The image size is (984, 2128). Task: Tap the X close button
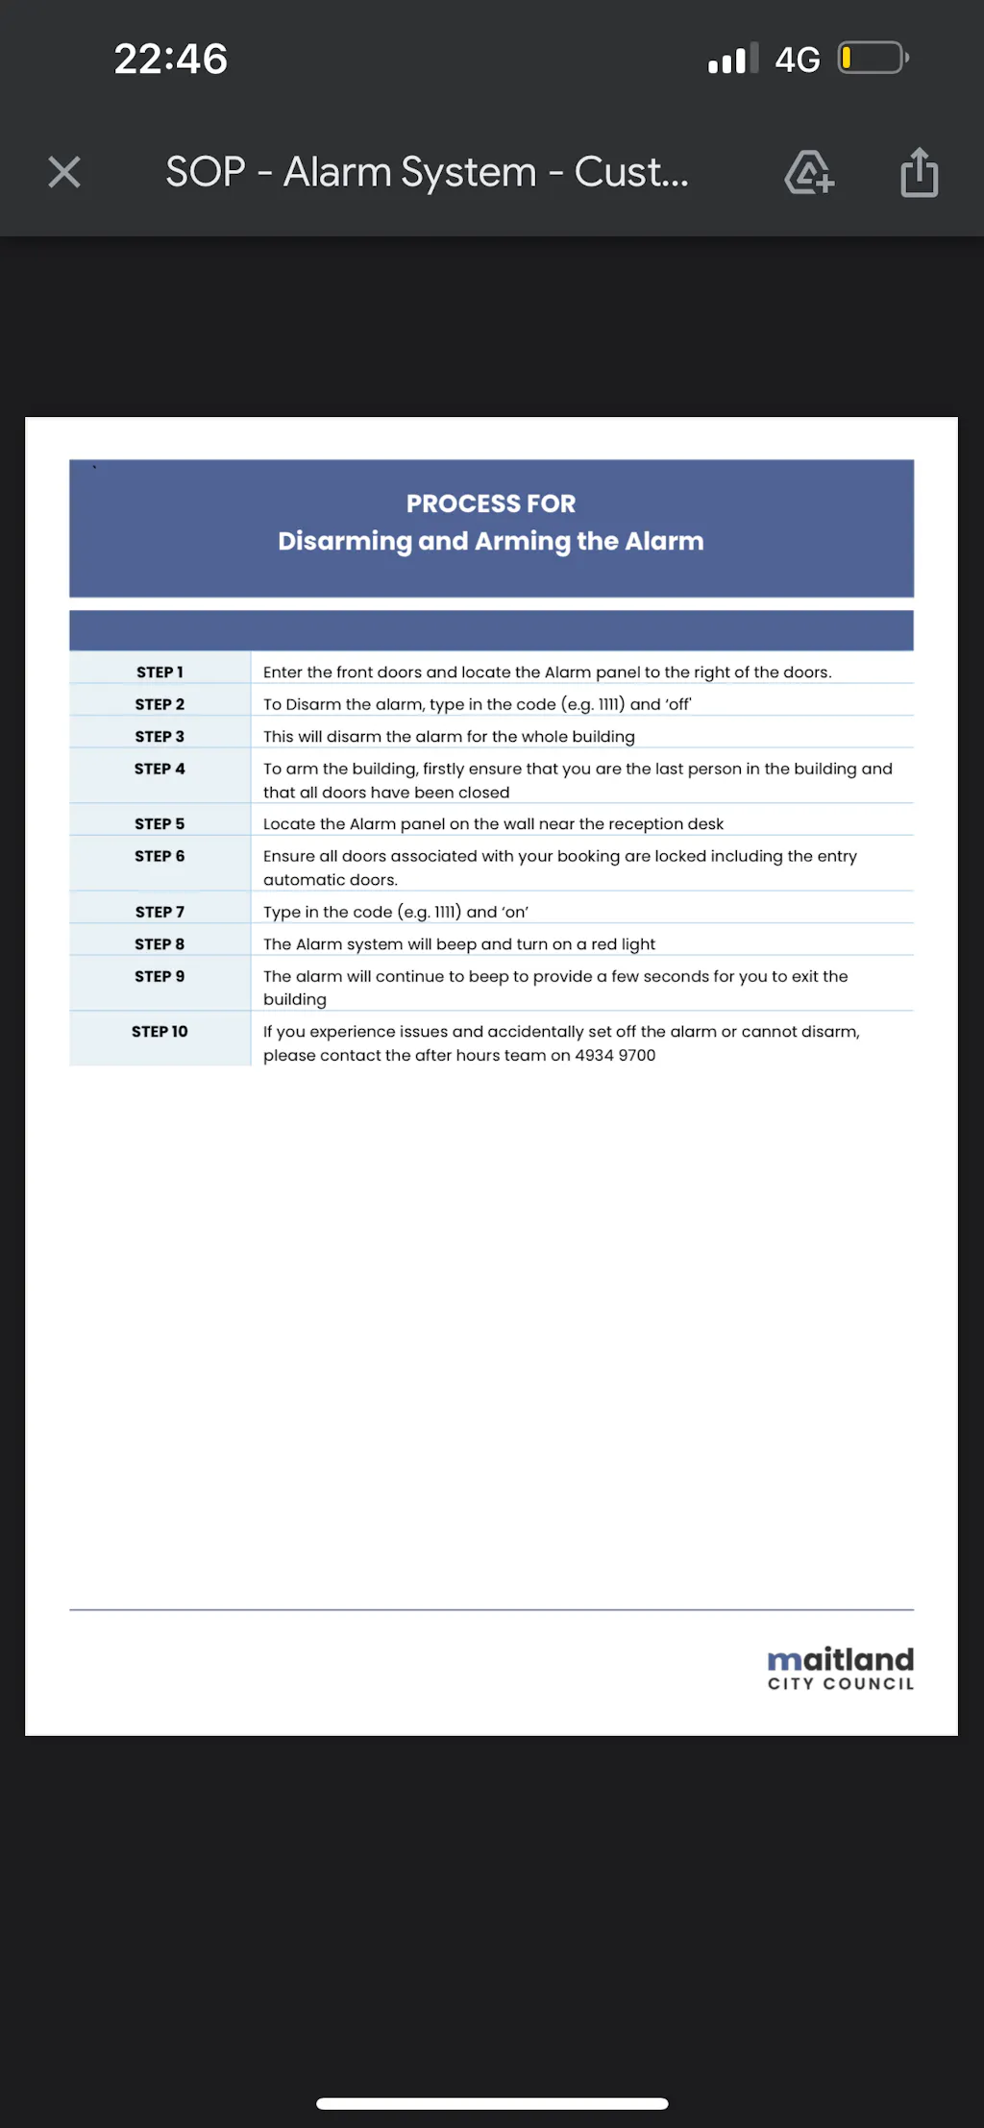click(64, 173)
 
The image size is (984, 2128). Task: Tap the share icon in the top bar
click(919, 173)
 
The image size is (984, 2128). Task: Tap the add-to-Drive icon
click(809, 173)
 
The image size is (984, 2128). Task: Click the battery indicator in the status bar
click(873, 59)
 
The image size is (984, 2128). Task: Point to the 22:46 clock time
click(171, 60)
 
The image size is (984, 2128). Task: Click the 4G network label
click(797, 61)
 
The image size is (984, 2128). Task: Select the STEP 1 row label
click(160, 673)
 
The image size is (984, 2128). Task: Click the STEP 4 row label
click(160, 769)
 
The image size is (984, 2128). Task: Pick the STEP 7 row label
click(160, 912)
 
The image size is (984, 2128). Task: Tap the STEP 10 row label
click(160, 1032)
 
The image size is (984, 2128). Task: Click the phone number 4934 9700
click(615, 1055)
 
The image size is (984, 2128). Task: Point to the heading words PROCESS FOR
click(491, 503)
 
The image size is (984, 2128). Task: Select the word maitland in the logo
click(841, 1659)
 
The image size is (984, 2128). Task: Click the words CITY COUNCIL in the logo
click(841, 1683)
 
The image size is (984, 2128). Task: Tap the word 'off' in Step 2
click(677, 704)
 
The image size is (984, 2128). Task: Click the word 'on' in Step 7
click(516, 912)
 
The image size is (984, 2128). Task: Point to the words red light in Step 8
click(623, 944)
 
